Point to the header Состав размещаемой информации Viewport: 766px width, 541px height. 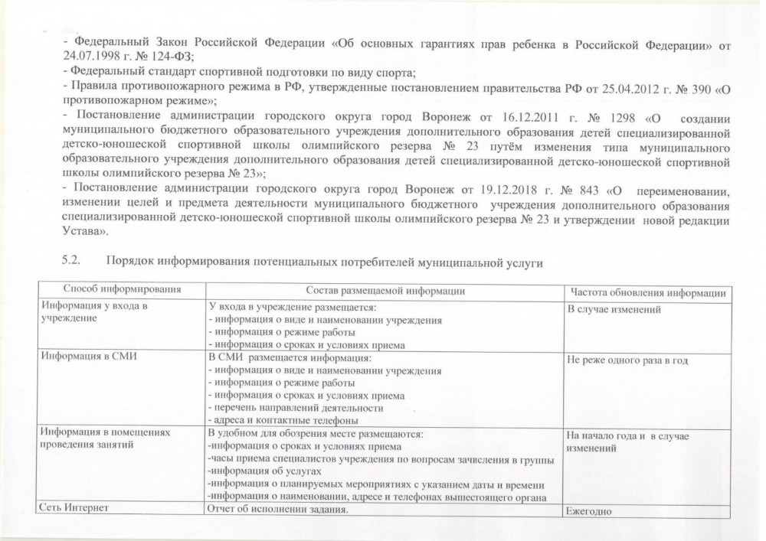coord(385,290)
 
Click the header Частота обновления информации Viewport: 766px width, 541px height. coord(648,292)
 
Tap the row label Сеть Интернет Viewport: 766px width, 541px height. coord(75,508)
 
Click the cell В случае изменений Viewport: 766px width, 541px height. coord(613,310)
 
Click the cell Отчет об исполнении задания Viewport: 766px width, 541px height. coord(278,509)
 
